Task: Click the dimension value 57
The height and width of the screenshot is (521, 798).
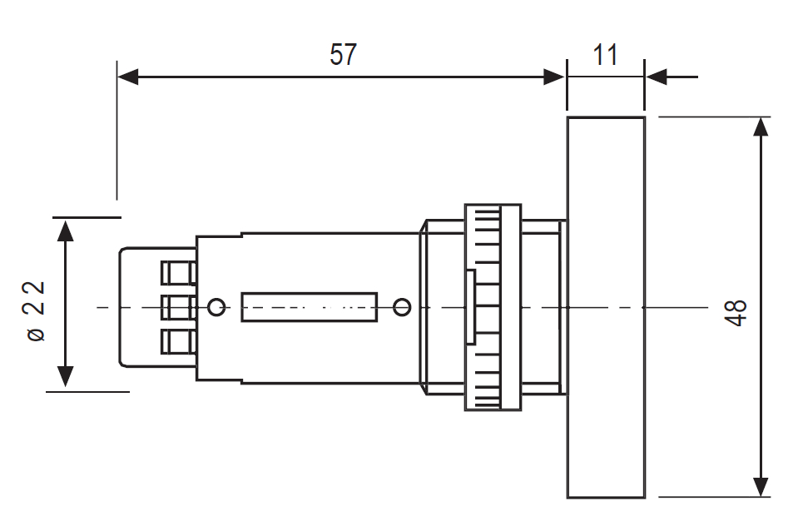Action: pyautogui.click(x=343, y=55)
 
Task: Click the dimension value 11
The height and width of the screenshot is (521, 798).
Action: pyautogui.click(x=606, y=55)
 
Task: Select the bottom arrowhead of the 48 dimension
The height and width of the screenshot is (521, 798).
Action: pyautogui.click(x=761, y=487)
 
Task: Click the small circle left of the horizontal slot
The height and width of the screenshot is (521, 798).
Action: pyautogui.click(x=216, y=308)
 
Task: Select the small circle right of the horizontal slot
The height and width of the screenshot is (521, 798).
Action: pyautogui.click(x=402, y=308)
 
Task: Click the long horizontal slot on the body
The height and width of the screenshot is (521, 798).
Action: pyautogui.click(x=309, y=307)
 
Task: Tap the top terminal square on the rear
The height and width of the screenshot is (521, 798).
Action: pyautogui.click(x=177, y=273)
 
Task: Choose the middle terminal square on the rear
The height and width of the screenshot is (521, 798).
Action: pyautogui.click(x=177, y=307)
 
